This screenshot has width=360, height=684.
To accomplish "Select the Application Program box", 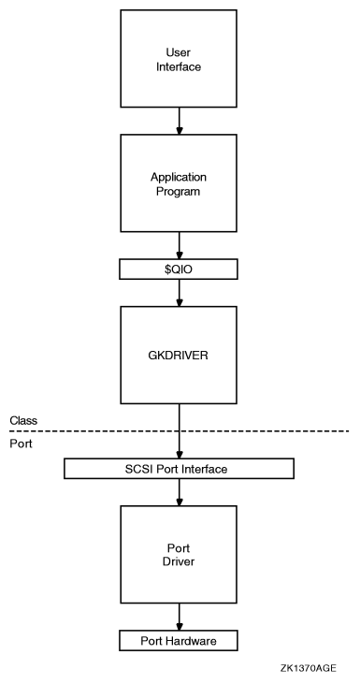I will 178,182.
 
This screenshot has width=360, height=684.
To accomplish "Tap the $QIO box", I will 178,269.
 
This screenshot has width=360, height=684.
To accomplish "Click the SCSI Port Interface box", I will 178,467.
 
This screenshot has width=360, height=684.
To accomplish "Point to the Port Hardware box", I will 178,640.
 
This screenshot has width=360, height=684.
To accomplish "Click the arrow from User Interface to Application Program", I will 178,120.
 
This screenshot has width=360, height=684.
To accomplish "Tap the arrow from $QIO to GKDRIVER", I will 178,293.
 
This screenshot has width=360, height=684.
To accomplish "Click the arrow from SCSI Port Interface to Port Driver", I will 178,491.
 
